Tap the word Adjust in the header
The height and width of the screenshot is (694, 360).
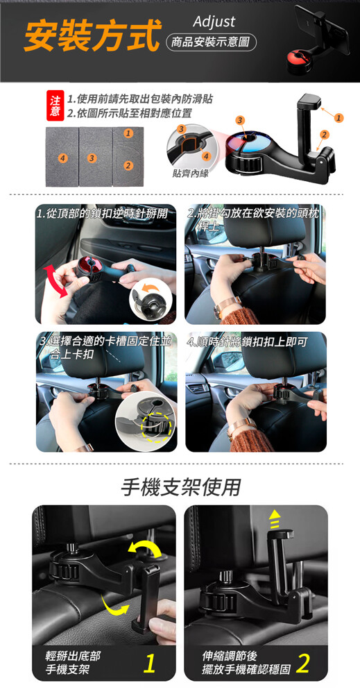point(214,22)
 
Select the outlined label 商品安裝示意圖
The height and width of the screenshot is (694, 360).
point(210,42)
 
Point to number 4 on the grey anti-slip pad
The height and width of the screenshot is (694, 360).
point(63,158)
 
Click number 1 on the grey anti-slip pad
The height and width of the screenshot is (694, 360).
point(128,133)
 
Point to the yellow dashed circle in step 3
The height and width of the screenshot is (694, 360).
point(155,427)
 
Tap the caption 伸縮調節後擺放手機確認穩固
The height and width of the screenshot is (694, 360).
point(246,663)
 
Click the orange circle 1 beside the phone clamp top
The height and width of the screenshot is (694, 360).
point(338,118)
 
